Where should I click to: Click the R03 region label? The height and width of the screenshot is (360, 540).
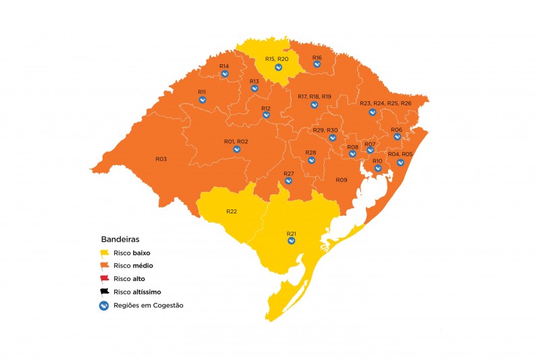(x=161, y=159)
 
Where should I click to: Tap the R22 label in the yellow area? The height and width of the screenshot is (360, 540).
(x=232, y=211)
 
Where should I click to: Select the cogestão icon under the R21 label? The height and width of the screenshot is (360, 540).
(x=291, y=240)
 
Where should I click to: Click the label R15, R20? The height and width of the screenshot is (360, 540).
(x=277, y=59)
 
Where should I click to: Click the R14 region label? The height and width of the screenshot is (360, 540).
(x=224, y=66)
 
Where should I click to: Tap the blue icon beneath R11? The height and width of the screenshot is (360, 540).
(x=202, y=99)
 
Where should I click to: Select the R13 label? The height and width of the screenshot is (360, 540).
(x=254, y=82)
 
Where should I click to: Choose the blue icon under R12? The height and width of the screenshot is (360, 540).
(x=266, y=115)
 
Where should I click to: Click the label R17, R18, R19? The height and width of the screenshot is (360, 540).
(x=314, y=97)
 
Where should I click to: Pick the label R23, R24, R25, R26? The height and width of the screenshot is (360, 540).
(x=385, y=103)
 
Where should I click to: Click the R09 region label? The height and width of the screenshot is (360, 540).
(x=341, y=180)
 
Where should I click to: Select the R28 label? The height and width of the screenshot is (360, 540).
(x=310, y=153)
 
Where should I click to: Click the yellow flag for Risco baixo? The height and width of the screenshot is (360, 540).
(x=105, y=253)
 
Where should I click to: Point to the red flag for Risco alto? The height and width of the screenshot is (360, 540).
(x=105, y=278)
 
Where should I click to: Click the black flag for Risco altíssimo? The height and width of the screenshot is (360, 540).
(x=105, y=292)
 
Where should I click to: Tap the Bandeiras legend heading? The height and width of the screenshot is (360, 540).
(x=120, y=239)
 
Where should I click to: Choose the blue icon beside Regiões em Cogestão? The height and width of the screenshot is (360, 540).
(x=105, y=305)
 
